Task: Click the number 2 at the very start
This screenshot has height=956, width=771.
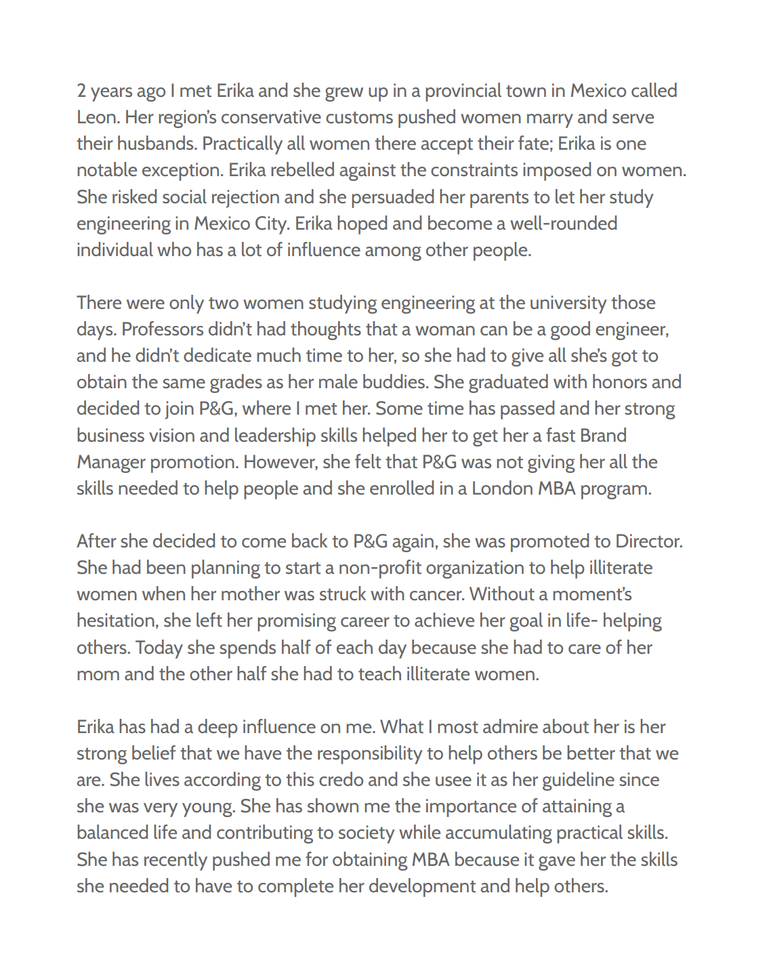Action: [82, 91]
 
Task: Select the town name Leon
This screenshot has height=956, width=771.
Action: [97, 117]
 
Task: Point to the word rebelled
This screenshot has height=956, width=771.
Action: [302, 170]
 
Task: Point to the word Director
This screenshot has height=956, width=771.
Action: [648, 541]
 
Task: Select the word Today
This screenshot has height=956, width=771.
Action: [159, 648]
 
